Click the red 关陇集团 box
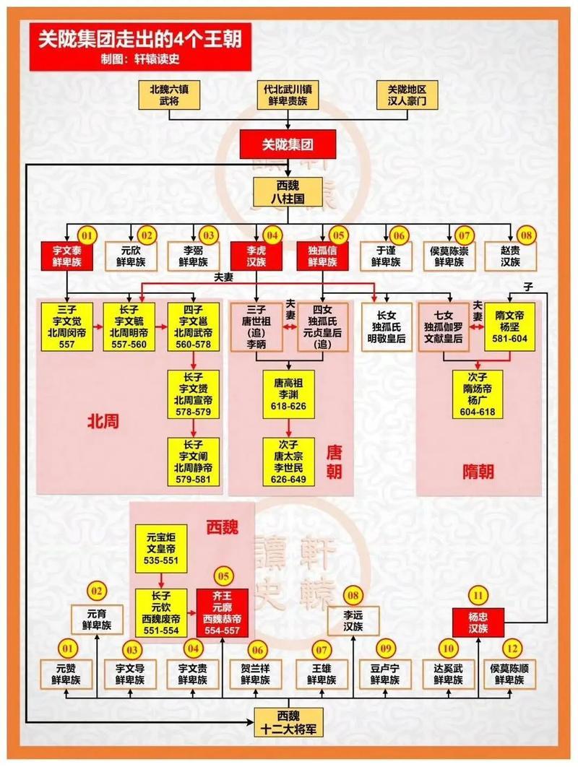tap(288, 144)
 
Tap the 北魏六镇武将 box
tap(168, 95)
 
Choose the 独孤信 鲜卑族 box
tap(322, 256)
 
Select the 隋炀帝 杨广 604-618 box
tap(478, 394)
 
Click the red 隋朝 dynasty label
tap(478, 472)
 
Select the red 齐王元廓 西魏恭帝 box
tap(223, 612)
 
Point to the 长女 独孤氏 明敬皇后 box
tap(387, 326)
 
